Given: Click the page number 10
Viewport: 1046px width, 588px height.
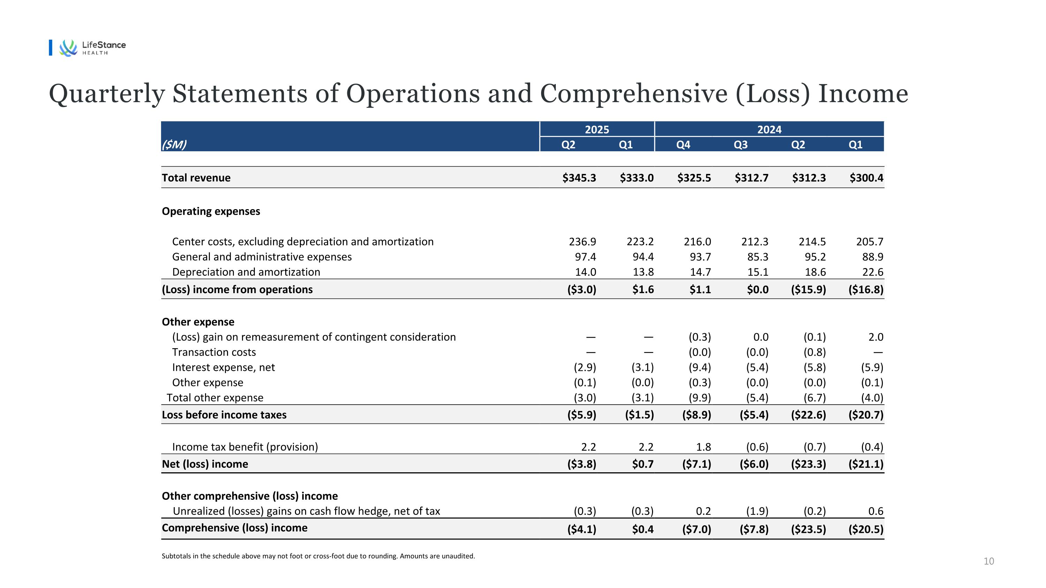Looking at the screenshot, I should pos(988,561).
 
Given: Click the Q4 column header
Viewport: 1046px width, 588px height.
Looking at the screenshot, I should pos(683,144).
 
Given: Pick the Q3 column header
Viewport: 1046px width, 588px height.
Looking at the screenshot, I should pos(741,144).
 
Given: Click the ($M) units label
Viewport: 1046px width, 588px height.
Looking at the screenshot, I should pos(174,144).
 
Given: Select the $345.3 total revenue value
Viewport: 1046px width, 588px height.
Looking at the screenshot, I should pos(579,178).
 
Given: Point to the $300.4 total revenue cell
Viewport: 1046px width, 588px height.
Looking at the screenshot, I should pos(866,178).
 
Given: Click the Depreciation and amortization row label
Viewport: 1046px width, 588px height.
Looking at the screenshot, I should pos(246,272).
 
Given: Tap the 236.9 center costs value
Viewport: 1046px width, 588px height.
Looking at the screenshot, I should pos(582,242).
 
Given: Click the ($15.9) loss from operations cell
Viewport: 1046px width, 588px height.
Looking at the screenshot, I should pos(808,289).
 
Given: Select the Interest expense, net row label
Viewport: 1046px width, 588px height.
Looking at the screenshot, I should pos(223,367).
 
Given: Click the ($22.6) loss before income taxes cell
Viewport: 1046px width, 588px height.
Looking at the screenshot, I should pos(808,415).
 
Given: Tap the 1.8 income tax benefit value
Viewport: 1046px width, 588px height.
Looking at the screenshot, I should pos(703,447).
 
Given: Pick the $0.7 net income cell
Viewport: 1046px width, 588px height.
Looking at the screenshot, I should pos(643,464).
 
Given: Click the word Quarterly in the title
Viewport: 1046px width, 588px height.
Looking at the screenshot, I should pos(107,94).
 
